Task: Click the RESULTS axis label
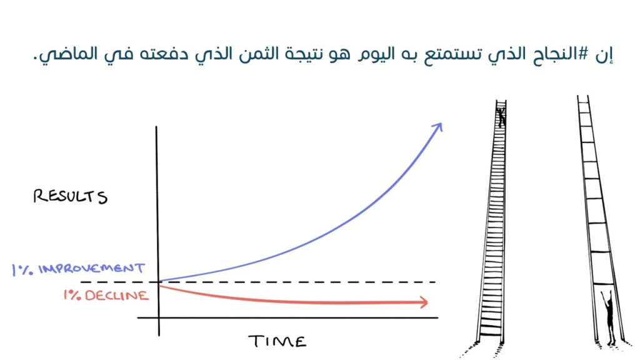tap(70, 196)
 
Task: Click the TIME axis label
tap(277, 341)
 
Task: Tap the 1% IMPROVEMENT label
tap(78, 269)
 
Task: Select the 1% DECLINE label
tap(106, 295)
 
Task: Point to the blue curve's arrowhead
tap(437, 127)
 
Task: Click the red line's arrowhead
tap(423, 302)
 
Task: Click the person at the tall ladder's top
tap(501, 117)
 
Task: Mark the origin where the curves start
tap(159, 282)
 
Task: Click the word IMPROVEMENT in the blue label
tap(92, 269)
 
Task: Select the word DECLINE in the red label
tap(117, 296)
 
